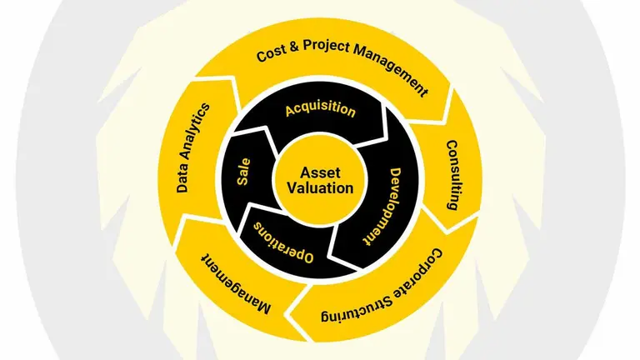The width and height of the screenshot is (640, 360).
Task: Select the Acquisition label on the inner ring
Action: pyautogui.click(x=320, y=110)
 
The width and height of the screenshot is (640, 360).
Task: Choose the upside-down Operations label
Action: pyautogui.click(x=283, y=242)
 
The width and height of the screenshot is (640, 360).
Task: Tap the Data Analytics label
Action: pyautogui.click(x=193, y=147)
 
